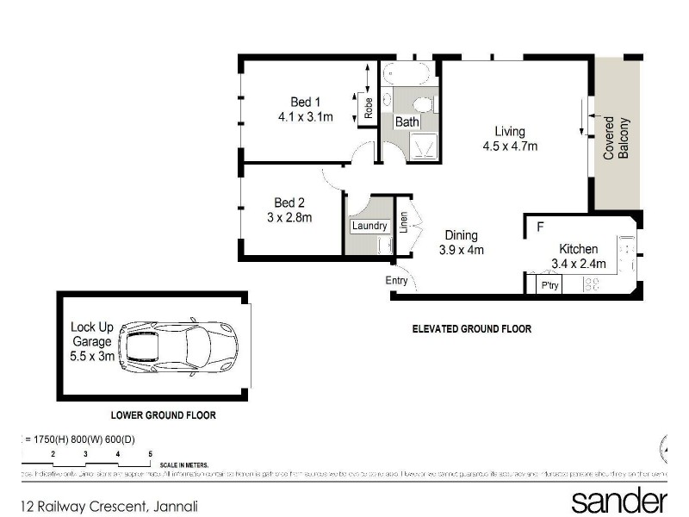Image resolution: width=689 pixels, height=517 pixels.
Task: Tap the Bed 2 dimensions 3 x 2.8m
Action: (289, 218)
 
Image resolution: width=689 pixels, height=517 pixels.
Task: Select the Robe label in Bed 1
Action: (369, 109)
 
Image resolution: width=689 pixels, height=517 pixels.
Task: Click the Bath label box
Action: (407, 122)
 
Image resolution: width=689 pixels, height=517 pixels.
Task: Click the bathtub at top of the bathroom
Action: (408, 72)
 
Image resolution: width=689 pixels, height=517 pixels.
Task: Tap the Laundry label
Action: (368, 226)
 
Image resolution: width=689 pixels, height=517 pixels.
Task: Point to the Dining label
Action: (461, 235)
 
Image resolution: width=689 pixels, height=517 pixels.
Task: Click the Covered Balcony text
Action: (614, 138)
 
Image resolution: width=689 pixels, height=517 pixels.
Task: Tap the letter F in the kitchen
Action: (540, 228)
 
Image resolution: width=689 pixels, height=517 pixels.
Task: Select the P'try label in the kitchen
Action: (549, 284)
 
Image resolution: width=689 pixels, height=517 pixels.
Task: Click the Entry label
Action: (397, 280)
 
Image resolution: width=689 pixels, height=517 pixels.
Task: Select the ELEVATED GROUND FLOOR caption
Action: (471, 329)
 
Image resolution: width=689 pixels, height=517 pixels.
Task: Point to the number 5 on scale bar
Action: (150, 453)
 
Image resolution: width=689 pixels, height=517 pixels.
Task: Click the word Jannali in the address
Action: (175, 507)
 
